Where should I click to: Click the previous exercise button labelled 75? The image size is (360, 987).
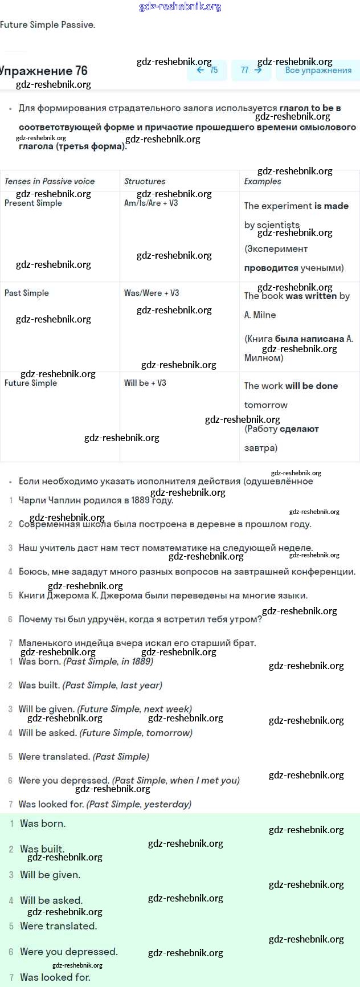207,70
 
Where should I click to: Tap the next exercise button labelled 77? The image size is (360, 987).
251,70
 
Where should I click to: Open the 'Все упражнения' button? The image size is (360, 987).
318,70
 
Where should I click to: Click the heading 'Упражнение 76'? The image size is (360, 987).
44,71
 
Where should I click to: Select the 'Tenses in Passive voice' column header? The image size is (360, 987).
50,181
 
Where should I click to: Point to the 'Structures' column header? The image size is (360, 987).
145,181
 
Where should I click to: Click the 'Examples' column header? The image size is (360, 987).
263,181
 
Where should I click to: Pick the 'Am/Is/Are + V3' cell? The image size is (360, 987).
151,203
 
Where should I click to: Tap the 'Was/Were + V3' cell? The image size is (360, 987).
152,293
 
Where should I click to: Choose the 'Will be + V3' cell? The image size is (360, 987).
145,383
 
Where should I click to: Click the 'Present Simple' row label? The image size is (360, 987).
33,203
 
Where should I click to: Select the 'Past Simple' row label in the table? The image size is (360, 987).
27,293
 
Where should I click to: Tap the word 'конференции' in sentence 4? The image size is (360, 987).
327,572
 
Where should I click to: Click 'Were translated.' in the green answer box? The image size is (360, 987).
58,926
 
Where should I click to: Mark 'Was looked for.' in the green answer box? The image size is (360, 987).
55,977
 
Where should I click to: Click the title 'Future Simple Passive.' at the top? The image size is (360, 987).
48,25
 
